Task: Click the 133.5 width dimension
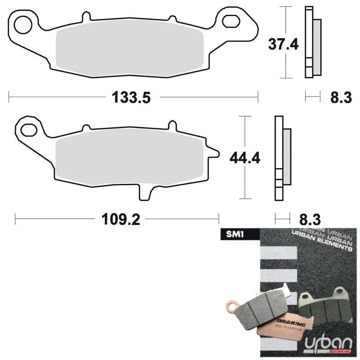130,97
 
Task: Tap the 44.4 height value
245,157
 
